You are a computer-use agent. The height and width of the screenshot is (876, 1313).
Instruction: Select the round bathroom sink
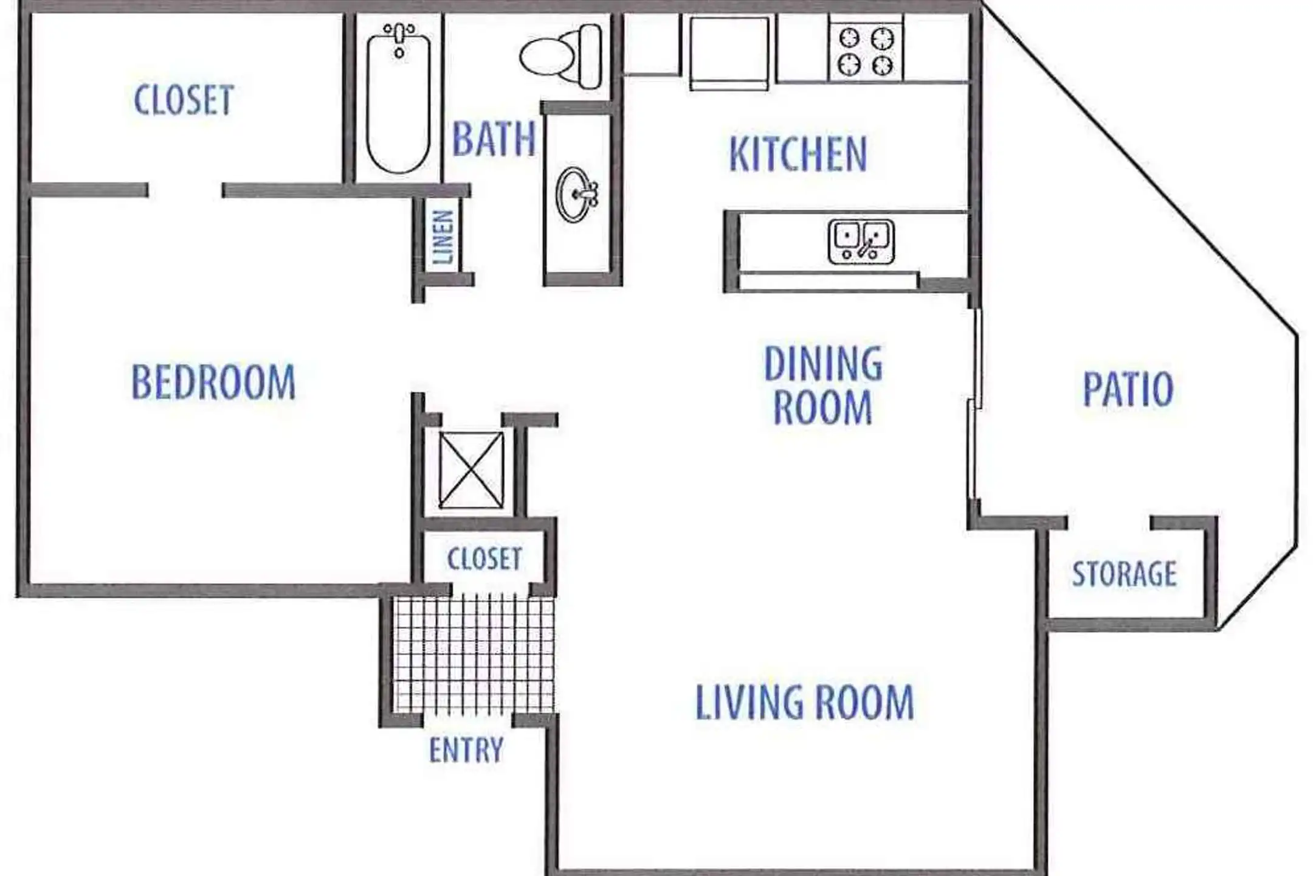(x=576, y=195)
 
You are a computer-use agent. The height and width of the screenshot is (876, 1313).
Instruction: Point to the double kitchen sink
(x=861, y=242)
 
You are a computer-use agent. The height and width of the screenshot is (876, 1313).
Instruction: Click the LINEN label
(x=443, y=236)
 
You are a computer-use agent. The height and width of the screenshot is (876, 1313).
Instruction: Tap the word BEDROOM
(x=213, y=382)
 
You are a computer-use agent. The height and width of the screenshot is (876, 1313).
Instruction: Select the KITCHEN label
(x=798, y=154)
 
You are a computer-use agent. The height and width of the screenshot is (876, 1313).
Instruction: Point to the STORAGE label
(x=1124, y=574)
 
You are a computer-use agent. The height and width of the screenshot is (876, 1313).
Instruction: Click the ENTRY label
(x=466, y=749)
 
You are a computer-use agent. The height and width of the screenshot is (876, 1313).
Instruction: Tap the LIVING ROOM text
(x=804, y=702)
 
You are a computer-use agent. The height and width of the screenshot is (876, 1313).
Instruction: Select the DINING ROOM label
(x=823, y=385)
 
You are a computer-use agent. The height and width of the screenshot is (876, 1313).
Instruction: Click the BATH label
(x=494, y=139)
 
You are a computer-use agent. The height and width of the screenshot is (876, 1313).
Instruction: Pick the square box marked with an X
(x=471, y=470)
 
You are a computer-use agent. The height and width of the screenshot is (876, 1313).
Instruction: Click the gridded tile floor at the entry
(x=473, y=655)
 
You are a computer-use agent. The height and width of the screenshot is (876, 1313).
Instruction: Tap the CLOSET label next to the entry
(x=484, y=558)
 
